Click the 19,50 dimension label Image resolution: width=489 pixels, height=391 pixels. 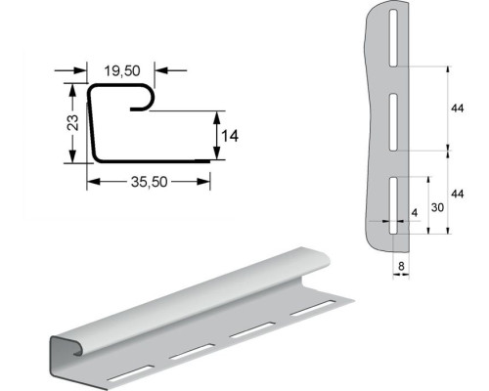122,70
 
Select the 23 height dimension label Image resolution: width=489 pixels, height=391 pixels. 72,122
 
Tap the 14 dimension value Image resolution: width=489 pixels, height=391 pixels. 230,136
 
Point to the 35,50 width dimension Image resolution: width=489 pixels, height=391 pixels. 149,182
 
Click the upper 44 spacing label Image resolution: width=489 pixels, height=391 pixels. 457,109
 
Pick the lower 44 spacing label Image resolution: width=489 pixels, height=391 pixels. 457,194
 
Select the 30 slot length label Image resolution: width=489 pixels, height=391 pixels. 437,207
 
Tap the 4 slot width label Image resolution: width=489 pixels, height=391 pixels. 415,213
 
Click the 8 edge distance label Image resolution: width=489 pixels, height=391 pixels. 401,266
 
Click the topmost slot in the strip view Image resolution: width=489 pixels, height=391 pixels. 393,38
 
